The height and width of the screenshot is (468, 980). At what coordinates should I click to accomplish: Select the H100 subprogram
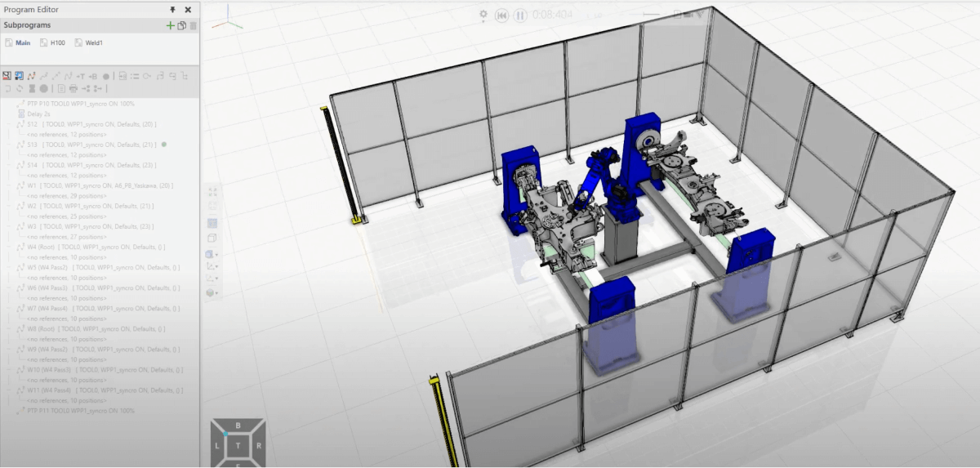[57, 42]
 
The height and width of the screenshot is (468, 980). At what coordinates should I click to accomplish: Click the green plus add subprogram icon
[170, 25]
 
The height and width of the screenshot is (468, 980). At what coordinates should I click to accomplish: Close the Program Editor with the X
[188, 10]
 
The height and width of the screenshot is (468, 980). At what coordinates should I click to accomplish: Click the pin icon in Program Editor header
[172, 10]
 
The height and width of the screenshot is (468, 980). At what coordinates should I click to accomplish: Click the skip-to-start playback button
[502, 16]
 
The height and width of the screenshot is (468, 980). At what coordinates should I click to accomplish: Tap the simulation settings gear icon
[483, 16]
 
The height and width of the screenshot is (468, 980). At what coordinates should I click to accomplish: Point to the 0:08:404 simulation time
[553, 16]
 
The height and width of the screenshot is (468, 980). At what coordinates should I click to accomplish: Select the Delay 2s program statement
[39, 114]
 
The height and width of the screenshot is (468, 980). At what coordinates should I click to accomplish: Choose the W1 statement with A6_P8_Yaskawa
[98, 185]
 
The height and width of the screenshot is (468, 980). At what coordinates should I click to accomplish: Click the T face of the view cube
[238, 446]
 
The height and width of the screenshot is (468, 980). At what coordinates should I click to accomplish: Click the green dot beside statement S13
[164, 145]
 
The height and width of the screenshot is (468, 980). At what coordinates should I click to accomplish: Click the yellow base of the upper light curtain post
[356, 220]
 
